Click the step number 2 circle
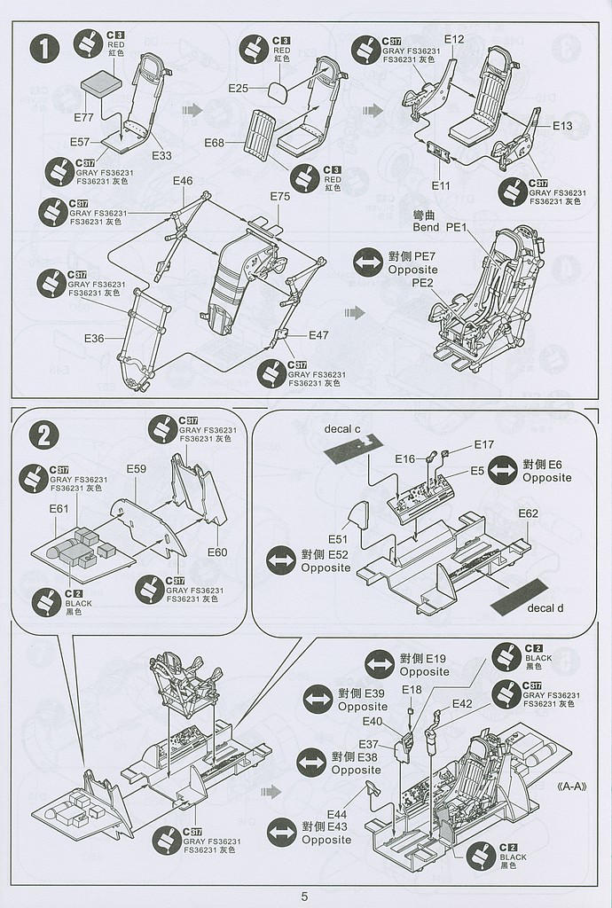pos(43,436)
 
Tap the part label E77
pos(83,118)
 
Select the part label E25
pos(238,88)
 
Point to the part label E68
pos(215,143)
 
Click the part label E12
pos(454,39)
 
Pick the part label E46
pos(183,181)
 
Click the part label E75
pos(279,196)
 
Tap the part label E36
pos(95,338)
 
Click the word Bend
pos(426,227)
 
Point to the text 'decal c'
pos(341,430)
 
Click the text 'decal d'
pos(546,607)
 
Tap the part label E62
pos(528,513)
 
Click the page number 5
pos(304,896)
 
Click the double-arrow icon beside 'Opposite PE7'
pos(366,262)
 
